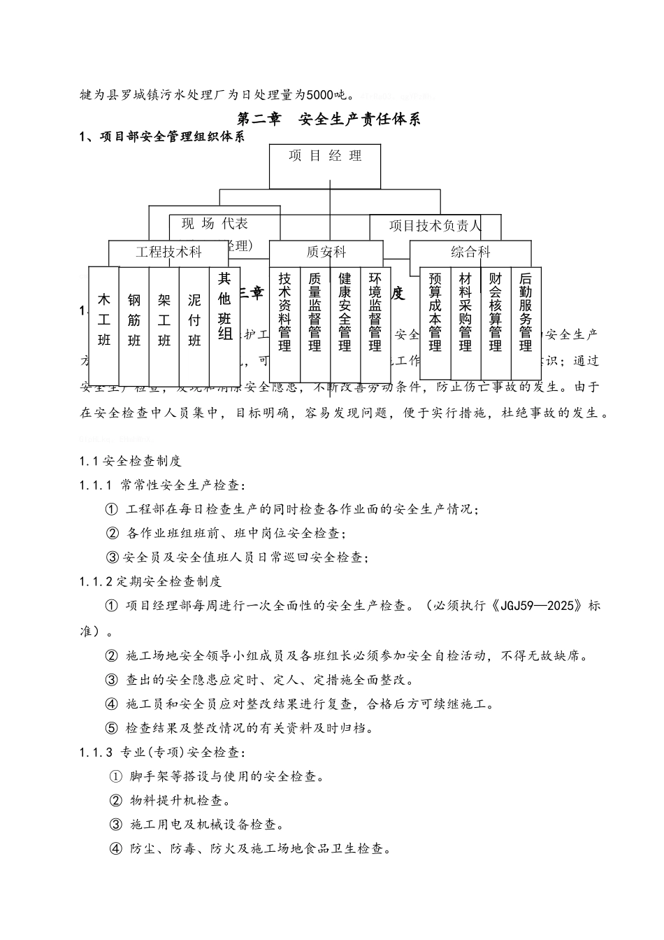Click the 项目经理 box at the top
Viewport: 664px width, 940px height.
[325, 166]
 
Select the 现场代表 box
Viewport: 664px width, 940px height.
[215, 224]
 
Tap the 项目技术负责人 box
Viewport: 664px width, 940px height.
[435, 225]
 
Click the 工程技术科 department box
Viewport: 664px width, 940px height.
[168, 252]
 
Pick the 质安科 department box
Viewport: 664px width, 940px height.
[326, 252]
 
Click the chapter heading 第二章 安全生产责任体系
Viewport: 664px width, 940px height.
[329, 119]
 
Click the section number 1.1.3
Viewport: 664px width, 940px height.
[96, 753]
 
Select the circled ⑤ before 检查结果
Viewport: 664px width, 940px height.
[112, 728]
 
